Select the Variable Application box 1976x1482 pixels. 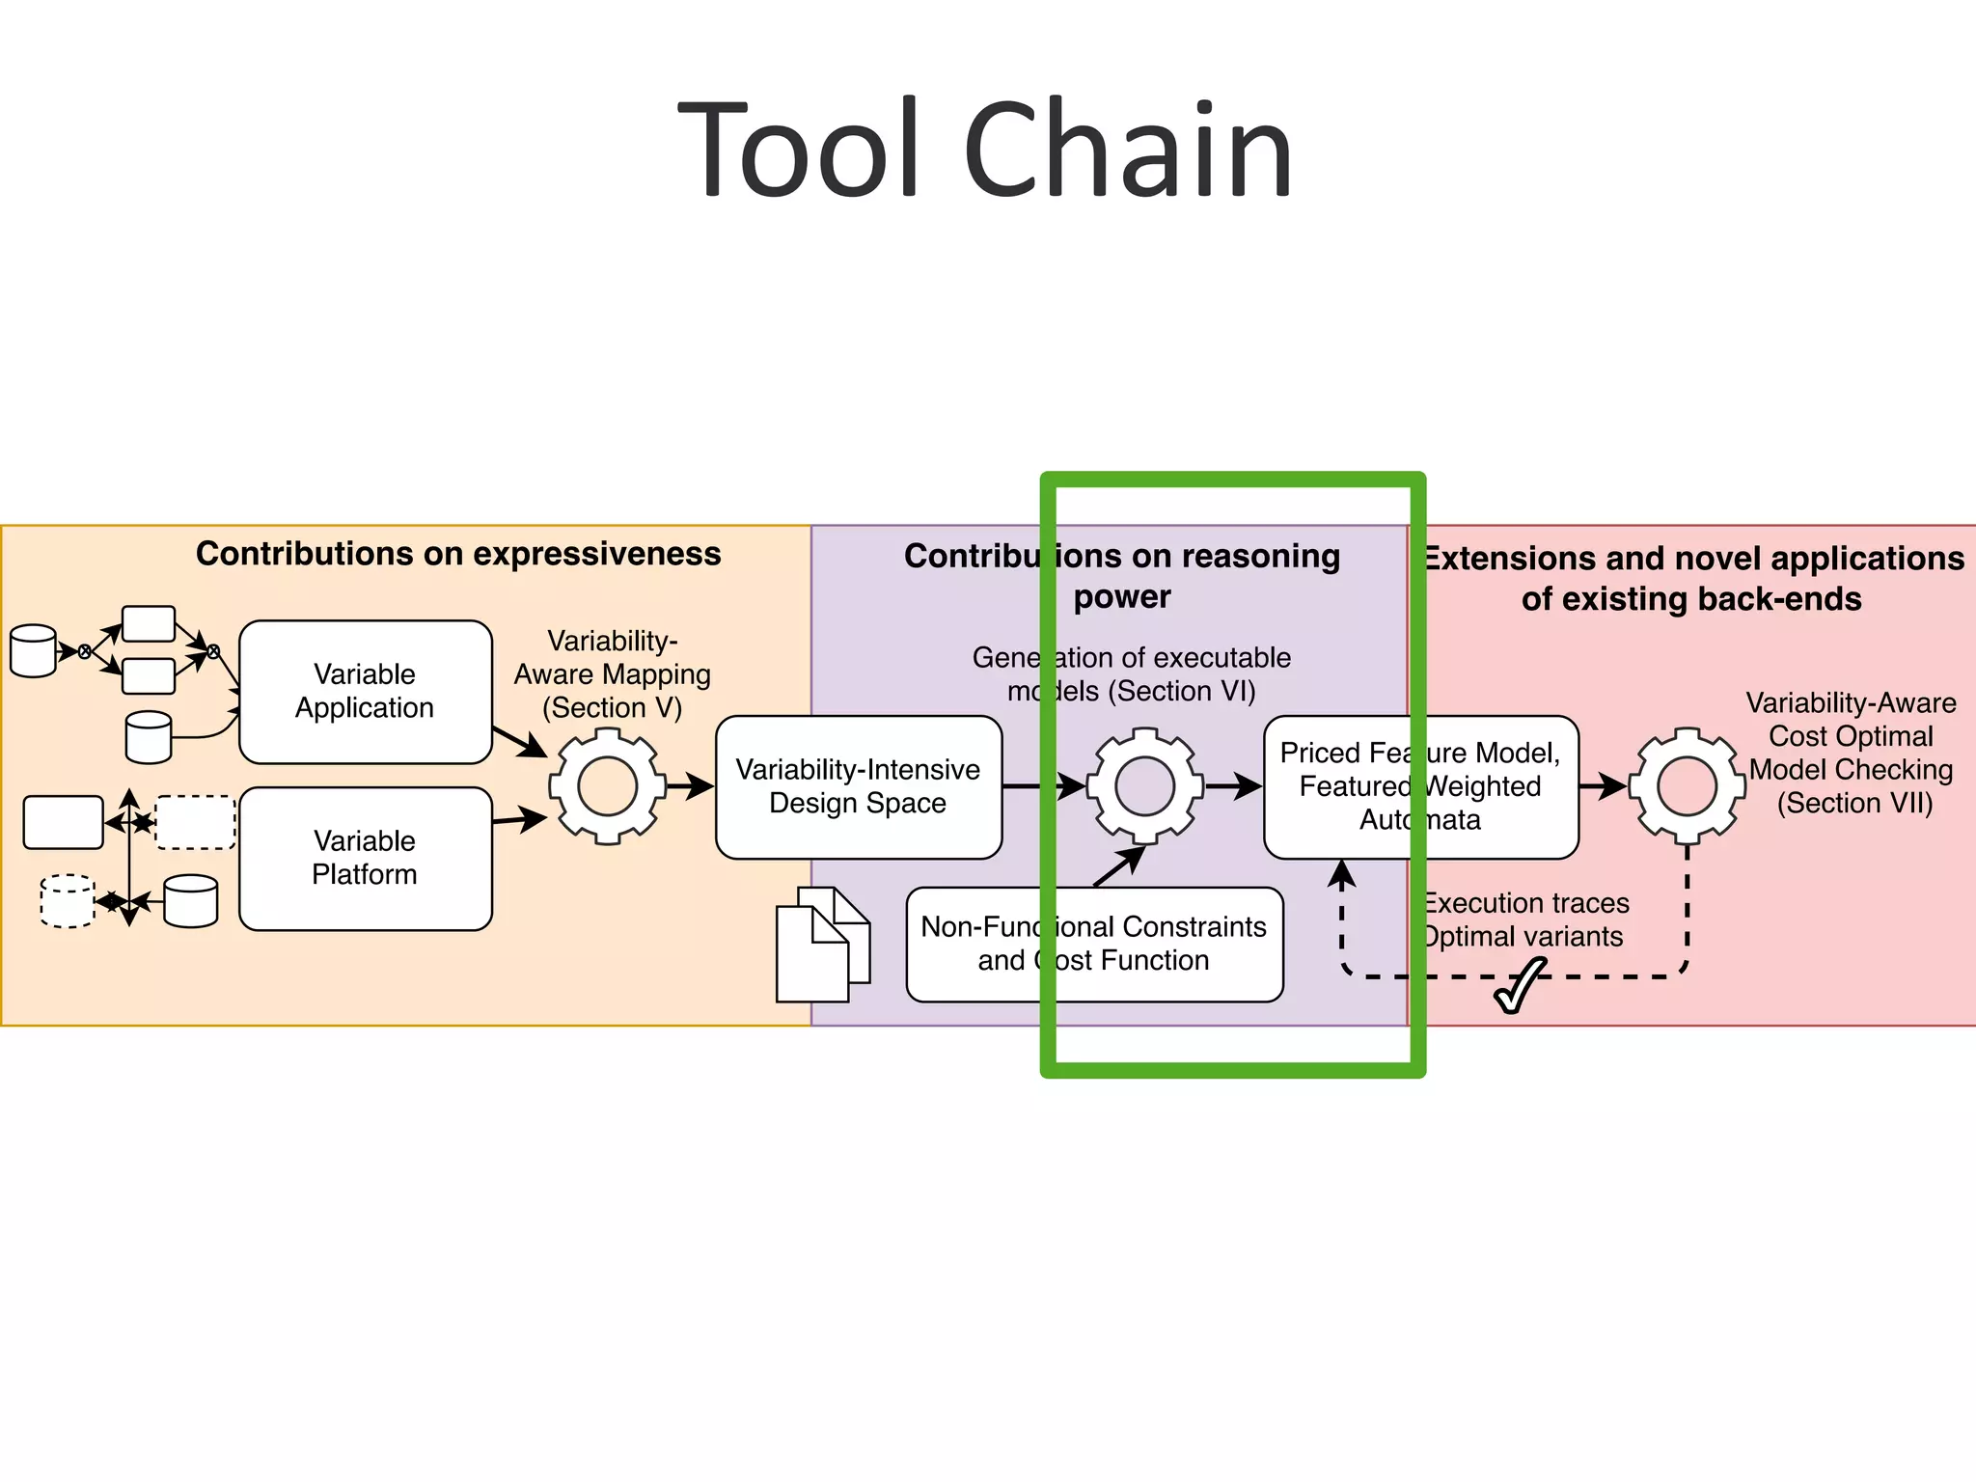[x=365, y=692]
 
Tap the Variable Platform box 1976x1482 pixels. [x=365, y=858]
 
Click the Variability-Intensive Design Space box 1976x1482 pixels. [x=858, y=786]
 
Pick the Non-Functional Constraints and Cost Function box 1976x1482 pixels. [x=1093, y=944]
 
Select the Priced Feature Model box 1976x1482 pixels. [x=1419, y=786]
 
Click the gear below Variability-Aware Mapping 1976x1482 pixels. [x=607, y=786]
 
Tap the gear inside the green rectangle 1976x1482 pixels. [x=1144, y=786]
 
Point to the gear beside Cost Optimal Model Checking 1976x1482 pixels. [x=1687, y=786]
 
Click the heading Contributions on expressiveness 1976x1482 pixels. [x=458, y=554]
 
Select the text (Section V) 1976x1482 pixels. [x=612, y=708]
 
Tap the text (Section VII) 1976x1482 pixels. [x=1854, y=804]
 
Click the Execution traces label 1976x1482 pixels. [x=1526, y=903]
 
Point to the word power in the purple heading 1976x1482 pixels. [x=1121, y=597]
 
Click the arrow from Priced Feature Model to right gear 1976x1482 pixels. [x=1603, y=785]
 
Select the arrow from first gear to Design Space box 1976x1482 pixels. [x=689, y=785]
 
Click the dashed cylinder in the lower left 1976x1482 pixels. [x=68, y=900]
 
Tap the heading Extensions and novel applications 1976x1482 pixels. [x=1693, y=559]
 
